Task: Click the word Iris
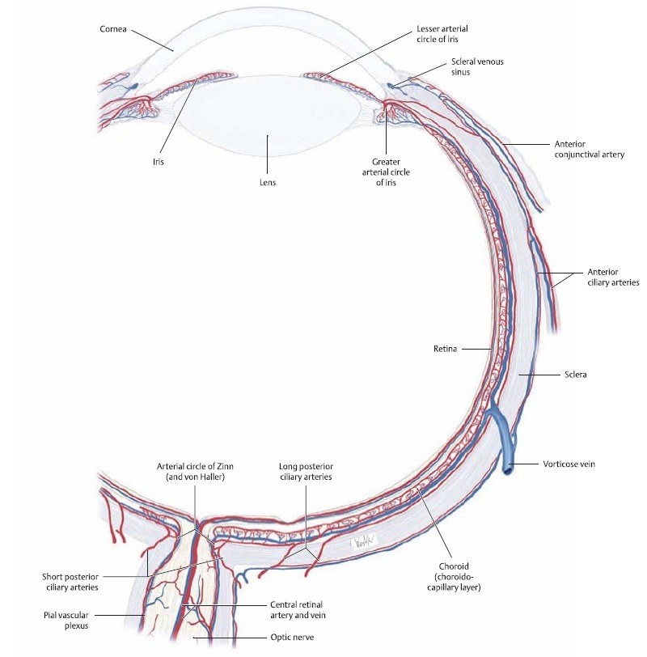tap(159, 161)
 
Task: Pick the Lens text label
tap(267, 183)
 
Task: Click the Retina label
tap(446, 349)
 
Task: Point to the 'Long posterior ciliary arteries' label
tap(306, 473)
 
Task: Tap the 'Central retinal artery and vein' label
tap(304, 610)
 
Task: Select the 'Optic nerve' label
tap(292, 638)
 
